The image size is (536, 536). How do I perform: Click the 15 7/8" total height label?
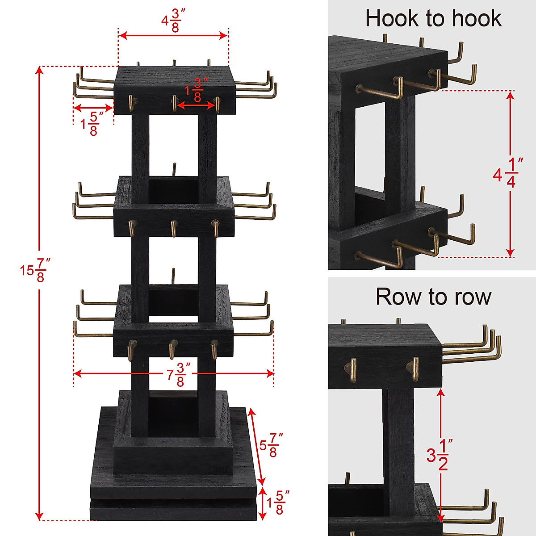tap(33, 271)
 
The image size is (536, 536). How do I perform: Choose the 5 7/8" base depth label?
tap(272, 445)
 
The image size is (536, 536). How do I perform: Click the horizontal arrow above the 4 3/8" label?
tap(173, 36)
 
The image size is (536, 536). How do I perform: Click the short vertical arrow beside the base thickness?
tap(263, 504)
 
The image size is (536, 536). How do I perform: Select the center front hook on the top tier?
tap(174, 103)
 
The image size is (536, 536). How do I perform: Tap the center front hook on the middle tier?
tap(173, 228)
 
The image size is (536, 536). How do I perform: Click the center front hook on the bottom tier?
tap(172, 349)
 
